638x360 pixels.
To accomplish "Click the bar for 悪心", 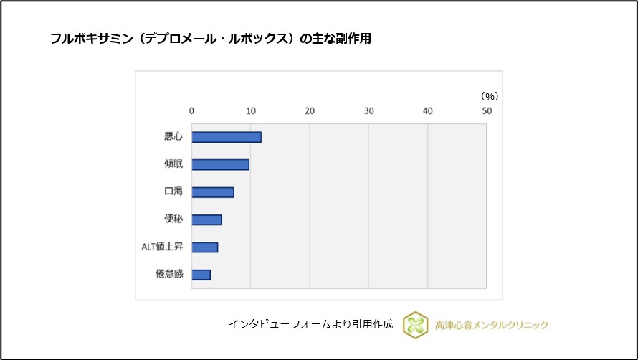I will [226, 137].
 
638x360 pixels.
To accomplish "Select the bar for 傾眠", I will [220, 164].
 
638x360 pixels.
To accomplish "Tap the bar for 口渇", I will [212, 192].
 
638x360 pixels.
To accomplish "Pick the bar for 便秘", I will [206, 219].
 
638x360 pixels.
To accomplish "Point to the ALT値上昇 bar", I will [204, 247].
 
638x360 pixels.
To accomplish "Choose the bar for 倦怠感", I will [201, 275].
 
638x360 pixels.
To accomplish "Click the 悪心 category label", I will [173, 137].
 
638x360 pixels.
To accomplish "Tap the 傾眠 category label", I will [173, 164].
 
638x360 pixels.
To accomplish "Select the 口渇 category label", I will [173, 192].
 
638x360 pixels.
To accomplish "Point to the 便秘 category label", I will [173, 219].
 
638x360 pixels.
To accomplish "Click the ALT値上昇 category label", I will [163, 247].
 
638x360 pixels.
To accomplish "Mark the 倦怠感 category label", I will [169, 275].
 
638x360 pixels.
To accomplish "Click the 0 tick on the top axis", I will [191, 110].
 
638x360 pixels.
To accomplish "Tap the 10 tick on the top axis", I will [250, 110].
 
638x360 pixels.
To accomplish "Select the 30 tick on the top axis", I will [368, 110].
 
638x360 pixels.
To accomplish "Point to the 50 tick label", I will [487, 110].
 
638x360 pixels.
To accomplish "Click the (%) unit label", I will [489, 95].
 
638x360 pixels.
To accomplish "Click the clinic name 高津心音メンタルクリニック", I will [492, 325].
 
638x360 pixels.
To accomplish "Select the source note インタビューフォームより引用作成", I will [310, 324].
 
